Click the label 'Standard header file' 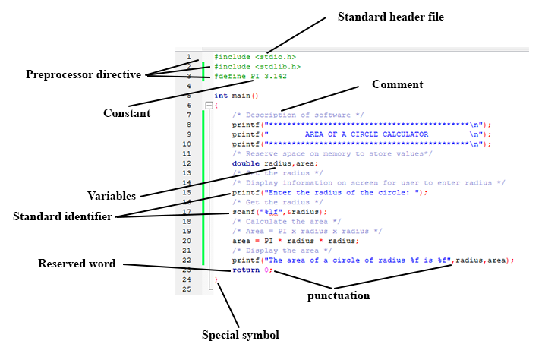coord(390,16)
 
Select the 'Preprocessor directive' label coord(83,74)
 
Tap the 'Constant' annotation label coord(127,113)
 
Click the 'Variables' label coord(112,195)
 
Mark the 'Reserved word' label coord(77,264)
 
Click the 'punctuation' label coord(339,295)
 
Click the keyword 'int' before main coord(220,96)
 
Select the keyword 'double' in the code coord(246,163)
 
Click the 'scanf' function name coord(243,212)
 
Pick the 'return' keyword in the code coord(246,270)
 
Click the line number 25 coord(187,289)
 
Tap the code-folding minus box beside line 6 coord(209,106)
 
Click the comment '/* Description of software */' coord(298,115)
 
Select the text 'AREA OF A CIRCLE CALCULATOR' coord(367,134)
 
